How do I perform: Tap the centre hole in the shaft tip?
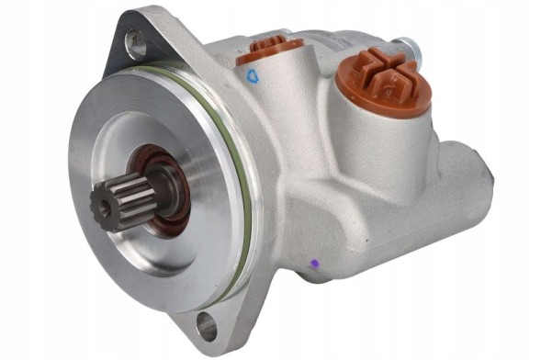point(104,208)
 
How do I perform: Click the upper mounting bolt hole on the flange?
point(136,40)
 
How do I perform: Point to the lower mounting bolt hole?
point(209,326)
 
